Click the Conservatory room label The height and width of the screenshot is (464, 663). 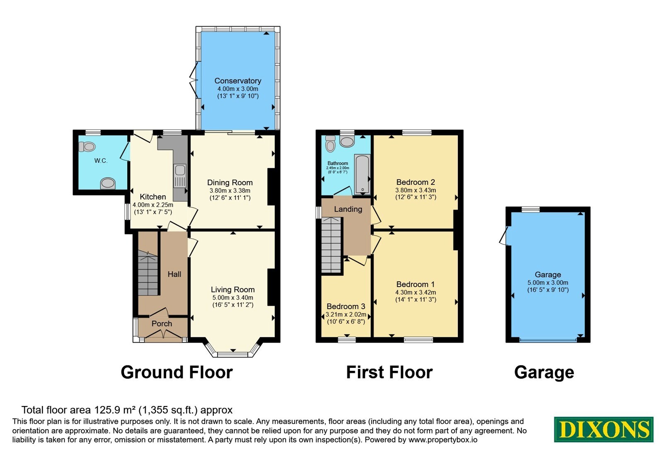pyautogui.click(x=238, y=81)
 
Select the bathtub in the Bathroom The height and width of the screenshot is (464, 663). pyautogui.click(x=362, y=174)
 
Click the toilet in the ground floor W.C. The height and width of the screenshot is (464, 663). pyautogui.click(x=87, y=147)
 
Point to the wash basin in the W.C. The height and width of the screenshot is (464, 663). pyautogui.click(x=107, y=183)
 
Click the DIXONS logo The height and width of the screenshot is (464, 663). pyautogui.click(x=603, y=429)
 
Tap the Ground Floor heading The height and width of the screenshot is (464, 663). pyautogui.click(x=177, y=372)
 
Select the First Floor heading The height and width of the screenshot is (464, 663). pyautogui.click(x=389, y=372)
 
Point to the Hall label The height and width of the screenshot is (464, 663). pyautogui.click(x=174, y=274)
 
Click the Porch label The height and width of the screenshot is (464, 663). pyautogui.click(x=162, y=324)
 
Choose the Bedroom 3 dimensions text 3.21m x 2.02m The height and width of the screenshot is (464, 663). pyautogui.click(x=346, y=314)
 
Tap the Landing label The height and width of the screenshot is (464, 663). pyautogui.click(x=348, y=209)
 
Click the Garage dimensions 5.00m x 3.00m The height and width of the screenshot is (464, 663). pyautogui.click(x=548, y=283)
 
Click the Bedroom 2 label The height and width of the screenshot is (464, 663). pyautogui.click(x=416, y=182)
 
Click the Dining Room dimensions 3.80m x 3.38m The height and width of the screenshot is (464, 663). pyautogui.click(x=230, y=191)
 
